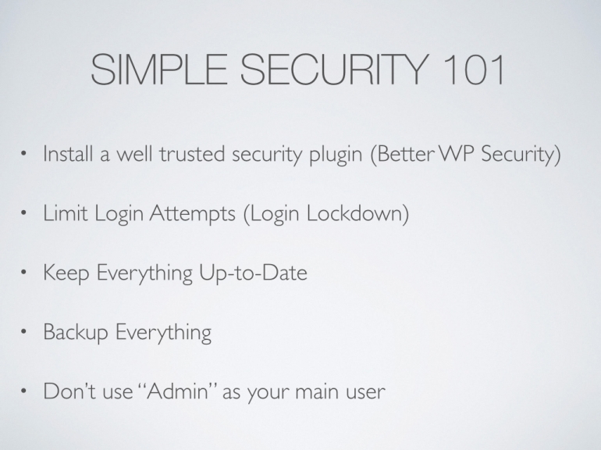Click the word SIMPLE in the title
pos(158,70)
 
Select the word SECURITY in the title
pos(334,70)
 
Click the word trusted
pos(192,153)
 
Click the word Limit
pos(66,213)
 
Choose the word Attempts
pos(192,214)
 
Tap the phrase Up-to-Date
pos(253,273)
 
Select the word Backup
pos(76,333)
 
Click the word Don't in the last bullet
pos(69,391)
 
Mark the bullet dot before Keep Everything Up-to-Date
pos(23,273)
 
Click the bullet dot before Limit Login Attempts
pos(23,213)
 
